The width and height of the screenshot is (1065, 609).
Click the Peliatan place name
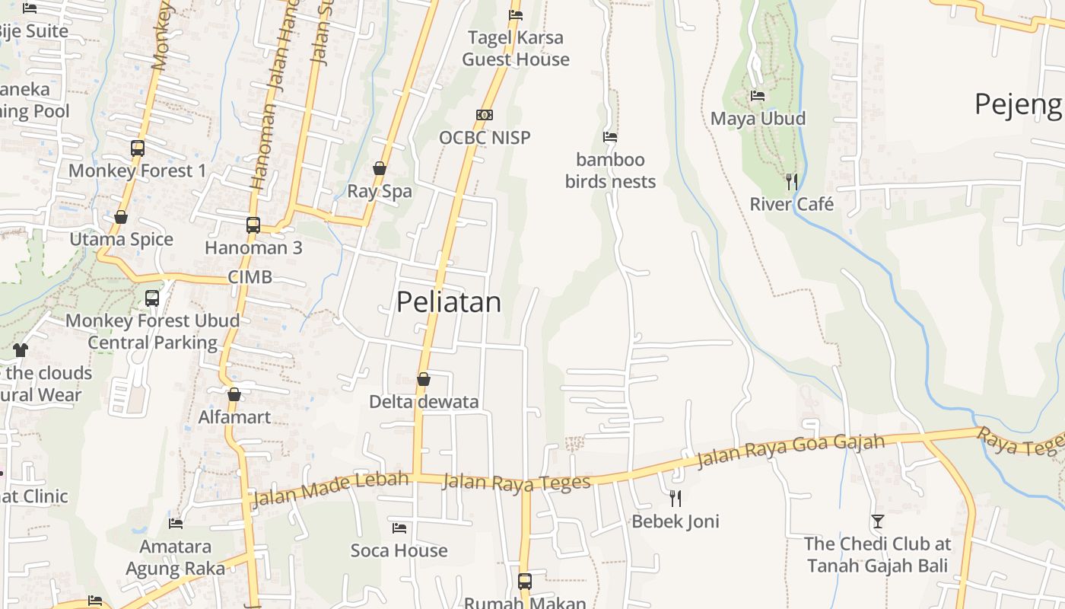point(449,302)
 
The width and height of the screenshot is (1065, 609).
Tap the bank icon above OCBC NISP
point(485,115)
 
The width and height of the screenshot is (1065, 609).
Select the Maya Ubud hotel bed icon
point(758,96)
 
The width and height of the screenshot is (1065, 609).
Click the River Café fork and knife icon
point(792,181)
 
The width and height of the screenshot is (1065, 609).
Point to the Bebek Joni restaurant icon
point(676,499)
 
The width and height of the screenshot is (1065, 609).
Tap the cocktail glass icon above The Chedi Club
point(878,521)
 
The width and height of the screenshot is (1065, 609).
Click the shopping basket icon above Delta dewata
point(424,379)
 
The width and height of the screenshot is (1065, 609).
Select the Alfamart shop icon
point(234,394)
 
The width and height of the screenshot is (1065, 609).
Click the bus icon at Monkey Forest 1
point(138,148)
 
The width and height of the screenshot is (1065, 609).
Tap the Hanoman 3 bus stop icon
point(253,225)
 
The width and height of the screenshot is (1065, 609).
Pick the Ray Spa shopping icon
point(380,168)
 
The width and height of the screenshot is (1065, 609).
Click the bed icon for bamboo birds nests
point(610,137)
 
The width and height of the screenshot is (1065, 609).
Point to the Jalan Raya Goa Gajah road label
point(791,451)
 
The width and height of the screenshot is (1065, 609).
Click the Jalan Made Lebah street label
point(330,489)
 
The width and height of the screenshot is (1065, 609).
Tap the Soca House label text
point(399,550)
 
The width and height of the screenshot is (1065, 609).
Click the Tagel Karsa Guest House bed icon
point(516,14)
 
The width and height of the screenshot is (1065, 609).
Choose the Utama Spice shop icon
point(121,218)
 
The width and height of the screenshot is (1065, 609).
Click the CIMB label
point(250,277)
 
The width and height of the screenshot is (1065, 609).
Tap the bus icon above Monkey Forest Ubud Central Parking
point(152,298)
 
